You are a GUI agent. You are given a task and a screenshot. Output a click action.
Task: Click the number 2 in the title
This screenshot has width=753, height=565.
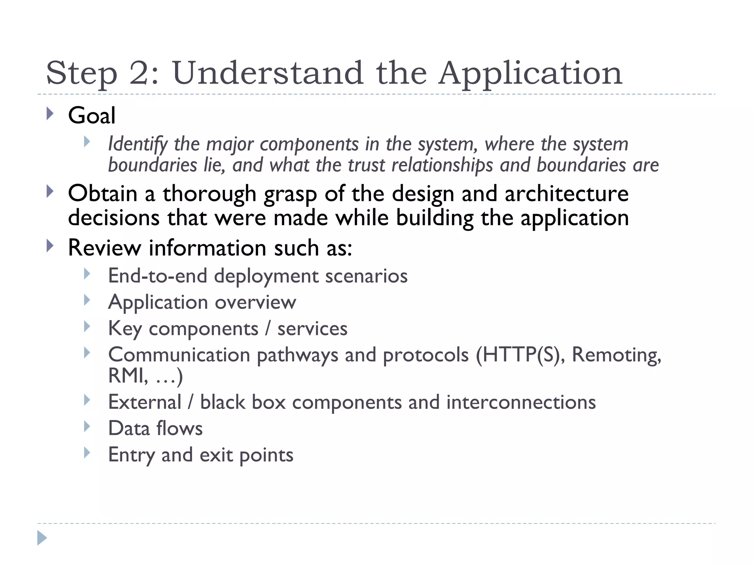coord(138,73)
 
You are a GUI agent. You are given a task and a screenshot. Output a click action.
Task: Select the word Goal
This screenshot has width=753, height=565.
coord(92,116)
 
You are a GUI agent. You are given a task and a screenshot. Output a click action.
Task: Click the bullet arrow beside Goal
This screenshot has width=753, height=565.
coord(50,114)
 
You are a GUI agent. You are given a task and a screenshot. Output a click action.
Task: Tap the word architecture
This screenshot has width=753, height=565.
coord(566,194)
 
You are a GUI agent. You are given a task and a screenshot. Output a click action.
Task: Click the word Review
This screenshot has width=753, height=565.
coord(104,248)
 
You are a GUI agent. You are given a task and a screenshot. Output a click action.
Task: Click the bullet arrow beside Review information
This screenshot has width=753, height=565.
coord(50,246)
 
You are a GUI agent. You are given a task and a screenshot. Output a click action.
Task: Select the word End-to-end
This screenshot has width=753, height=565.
coord(157,276)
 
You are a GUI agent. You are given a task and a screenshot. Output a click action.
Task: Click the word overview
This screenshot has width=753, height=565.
coord(255,302)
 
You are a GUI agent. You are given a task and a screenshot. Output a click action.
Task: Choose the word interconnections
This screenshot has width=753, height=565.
coord(521,402)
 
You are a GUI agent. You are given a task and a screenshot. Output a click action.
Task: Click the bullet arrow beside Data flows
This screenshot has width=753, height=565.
coord(87,426)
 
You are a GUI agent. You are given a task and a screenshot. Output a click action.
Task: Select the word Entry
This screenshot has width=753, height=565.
coord(131,455)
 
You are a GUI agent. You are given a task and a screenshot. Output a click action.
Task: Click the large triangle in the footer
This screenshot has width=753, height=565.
coord(42,538)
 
